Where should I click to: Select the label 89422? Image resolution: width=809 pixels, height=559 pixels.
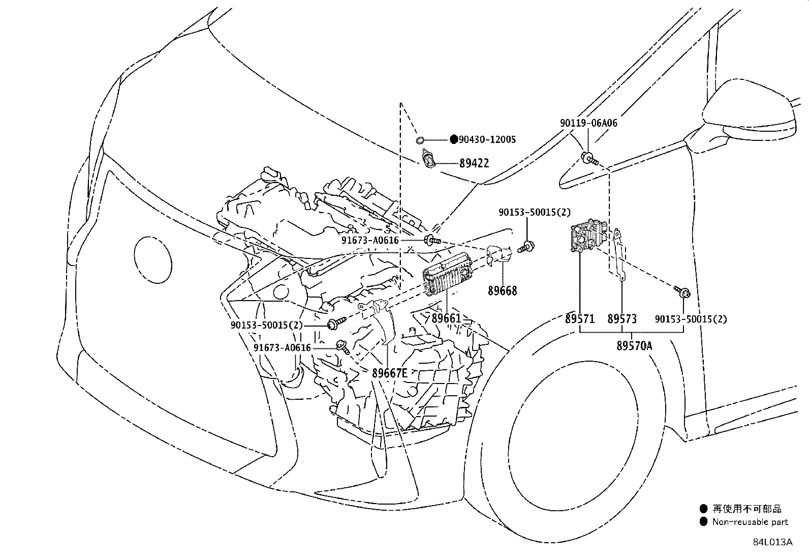tap(474, 163)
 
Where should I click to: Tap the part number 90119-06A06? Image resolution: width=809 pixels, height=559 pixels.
tap(588, 123)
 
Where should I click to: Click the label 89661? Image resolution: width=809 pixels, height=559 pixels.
tap(446, 319)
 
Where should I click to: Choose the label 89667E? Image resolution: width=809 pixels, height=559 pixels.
tap(389, 373)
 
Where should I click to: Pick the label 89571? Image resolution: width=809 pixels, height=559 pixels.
tap(579, 319)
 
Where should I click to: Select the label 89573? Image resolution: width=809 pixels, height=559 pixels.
tap(622, 319)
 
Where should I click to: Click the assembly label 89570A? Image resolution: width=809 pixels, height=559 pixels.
tap(634, 345)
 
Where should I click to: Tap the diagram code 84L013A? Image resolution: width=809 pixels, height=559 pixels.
tap(772, 542)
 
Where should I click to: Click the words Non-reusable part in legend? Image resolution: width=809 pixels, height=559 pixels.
tap(750, 521)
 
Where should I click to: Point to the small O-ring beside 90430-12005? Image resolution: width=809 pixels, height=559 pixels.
tap(420, 140)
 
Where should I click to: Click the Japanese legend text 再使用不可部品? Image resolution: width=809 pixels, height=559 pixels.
tap(746, 509)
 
